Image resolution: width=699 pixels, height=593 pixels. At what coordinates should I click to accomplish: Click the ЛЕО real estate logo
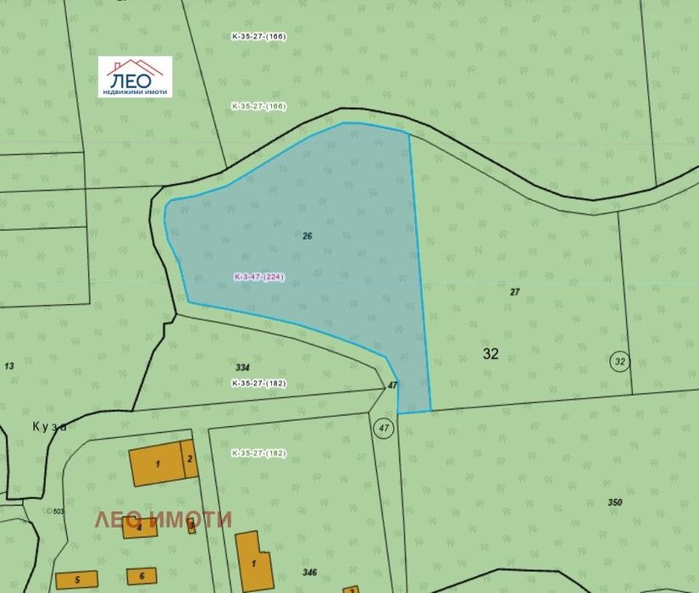pyautogui.click(x=135, y=76)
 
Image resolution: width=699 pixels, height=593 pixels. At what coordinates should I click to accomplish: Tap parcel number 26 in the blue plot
pyautogui.click(x=307, y=236)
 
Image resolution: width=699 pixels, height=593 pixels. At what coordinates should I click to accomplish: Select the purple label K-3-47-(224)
pyautogui.click(x=259, y=277)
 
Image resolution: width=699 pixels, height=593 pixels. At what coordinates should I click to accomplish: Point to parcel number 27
pyautogui.click(x=514, y=291)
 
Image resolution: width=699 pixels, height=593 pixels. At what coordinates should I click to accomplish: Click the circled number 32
pyautogui.click(x=620, y=362)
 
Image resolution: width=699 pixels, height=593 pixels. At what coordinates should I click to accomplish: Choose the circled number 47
pyautogui.click(x=384, y=428)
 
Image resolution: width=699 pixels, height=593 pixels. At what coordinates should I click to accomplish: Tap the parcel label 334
pyautogui.click(x=242, y=368)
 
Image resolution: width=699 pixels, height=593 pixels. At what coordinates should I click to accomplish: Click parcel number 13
pyautogui.click(x=9, y=366)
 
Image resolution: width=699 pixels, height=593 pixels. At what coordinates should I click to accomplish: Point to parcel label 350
pyautogui.click(x=615, y=502)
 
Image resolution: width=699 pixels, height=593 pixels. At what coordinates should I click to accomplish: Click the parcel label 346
pyautogui.click(x=309, y=573)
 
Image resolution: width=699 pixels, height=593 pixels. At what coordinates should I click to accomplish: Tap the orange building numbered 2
pyautogui.click(x=191, y=459)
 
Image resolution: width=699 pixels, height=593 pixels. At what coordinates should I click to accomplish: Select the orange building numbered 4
pyautogui.click(x=139, y=528)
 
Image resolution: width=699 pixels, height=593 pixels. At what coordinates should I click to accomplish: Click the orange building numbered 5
pyautogui.click(x=76, y=580)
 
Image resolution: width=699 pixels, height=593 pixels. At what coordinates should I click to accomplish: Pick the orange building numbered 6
pyautogui.click(x=141, y=576)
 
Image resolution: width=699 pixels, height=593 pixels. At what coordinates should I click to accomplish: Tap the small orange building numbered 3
pyautogui.click(x=191, y=528)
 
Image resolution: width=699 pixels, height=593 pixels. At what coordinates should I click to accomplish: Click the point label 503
pyautogui.click(x=58, y=512)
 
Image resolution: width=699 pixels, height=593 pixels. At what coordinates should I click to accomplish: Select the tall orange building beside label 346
pyautogui.click(x=252, y=563)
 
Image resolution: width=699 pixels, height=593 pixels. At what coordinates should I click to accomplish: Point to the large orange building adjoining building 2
pyautogui.click(x=157, y=463)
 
